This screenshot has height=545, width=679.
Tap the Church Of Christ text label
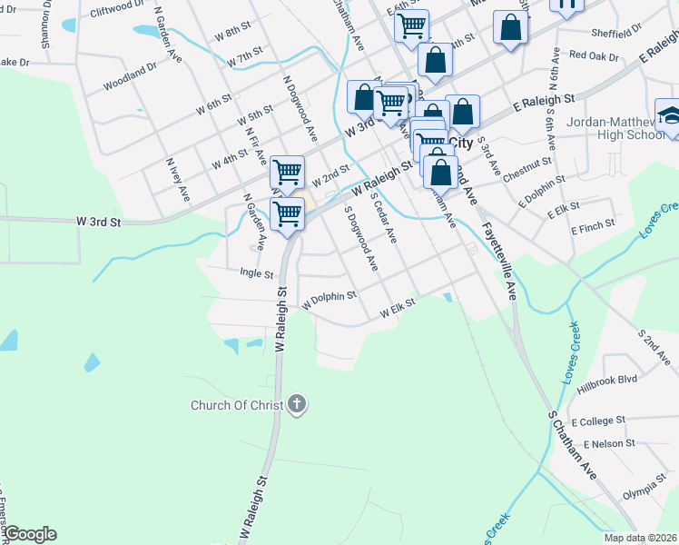(x=238, y=405)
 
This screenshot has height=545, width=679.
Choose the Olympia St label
(x=645, y=491)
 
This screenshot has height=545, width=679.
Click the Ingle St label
(x=257, y=272)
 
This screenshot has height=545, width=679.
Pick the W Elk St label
(x=398, y=310)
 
